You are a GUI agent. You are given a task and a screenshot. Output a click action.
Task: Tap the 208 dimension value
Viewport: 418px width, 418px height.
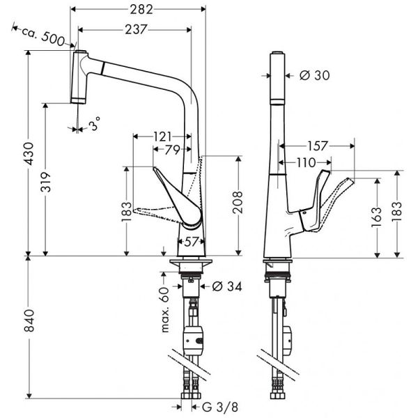(x=238, y=203)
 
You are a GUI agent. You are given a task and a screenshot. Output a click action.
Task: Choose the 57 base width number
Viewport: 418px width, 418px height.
(x=190, y=242)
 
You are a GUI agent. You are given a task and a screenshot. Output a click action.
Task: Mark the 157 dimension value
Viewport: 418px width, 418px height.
(x=317, y=147)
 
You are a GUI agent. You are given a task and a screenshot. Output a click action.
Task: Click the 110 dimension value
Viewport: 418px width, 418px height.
(x=303, y=162)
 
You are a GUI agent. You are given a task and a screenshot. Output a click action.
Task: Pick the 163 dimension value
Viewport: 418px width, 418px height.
(x=377, y=216)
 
